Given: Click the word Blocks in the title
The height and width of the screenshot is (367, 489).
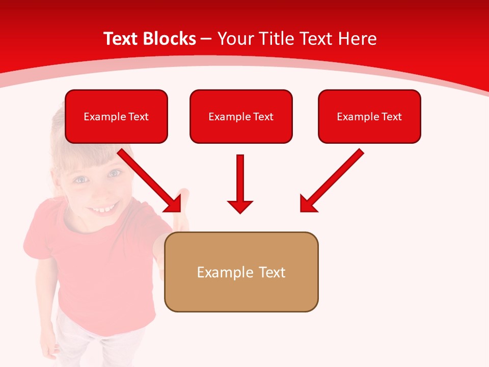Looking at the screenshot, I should pyautogui.click(x=170, y=39).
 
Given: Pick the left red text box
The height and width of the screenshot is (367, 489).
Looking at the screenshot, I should pyautogui.click(x=116, y=117).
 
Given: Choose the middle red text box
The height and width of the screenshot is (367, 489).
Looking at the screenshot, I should pyautogui.click(x=241, y=117).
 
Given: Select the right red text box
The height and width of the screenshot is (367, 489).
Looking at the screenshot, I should pyautogui.click(x=369, y=117).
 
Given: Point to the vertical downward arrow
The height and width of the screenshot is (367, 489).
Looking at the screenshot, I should pyautogui.click(x=240, y=183).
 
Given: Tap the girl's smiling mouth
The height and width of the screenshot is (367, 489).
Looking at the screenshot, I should pyautogui.click(x=104, y=208).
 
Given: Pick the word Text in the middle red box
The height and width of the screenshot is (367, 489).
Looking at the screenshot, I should pyautogui.click(x=263, y=117).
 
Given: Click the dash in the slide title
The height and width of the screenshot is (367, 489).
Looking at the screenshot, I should pyautogui.click(x=207, y=39).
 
